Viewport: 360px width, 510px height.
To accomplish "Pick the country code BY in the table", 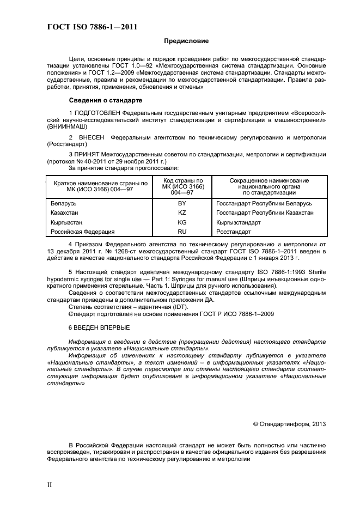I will click(x=182, y=203).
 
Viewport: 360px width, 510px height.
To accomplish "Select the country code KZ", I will click(x=182, y=212).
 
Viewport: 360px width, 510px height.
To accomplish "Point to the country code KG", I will click(x=182, y=222).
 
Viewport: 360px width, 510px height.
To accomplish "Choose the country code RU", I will click(x=182, y=232).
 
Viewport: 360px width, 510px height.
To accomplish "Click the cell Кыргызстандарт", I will click(x=239, y=222).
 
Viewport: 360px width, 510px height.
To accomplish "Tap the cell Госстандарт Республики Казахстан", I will click(x=264, y=212).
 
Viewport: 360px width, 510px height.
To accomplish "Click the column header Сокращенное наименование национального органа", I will click(x=269, y=186).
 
